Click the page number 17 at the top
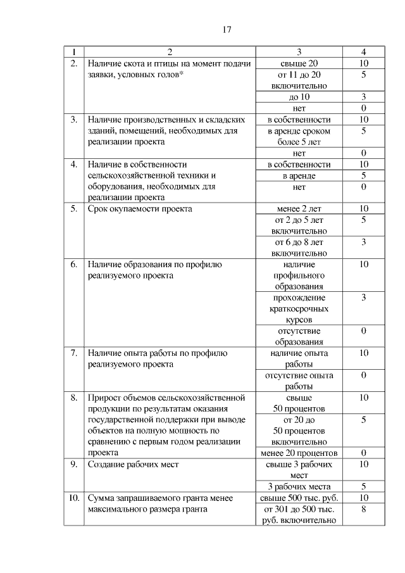(227, 30)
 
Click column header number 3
(299, 52)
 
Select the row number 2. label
(73, 63)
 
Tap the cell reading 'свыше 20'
(299, 63)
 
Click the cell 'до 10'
(299, 97)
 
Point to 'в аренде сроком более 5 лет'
(299, 136)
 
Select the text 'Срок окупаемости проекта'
(140, 208)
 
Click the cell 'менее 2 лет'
(299, 208)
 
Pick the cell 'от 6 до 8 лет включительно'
(299, 247)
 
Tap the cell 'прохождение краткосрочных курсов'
(299, 309)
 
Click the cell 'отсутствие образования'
(299, 337)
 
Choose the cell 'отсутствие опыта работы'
(299, 381)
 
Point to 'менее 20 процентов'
(299, 453)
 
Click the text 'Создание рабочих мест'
(134, 465)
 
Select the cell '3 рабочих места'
(299, 487)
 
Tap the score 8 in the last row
(364, 509)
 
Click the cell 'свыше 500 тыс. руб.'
(299, 498)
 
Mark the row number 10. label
(73, 498)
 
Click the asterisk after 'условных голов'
(181, 73)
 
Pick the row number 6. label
(73, 264)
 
